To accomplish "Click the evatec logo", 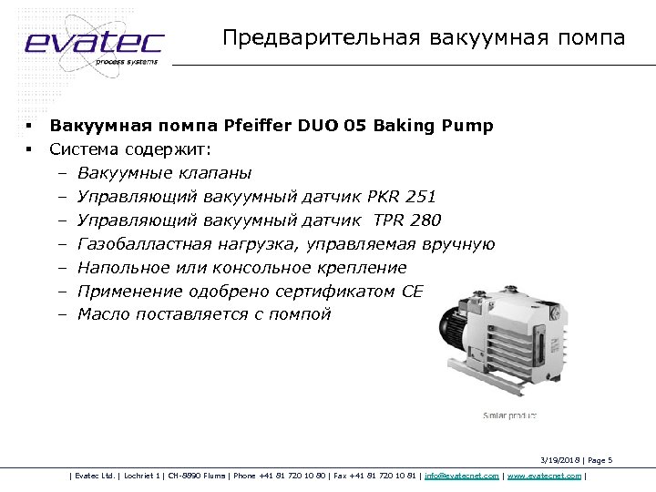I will pos(93,43).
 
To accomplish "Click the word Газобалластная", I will pos(145,244).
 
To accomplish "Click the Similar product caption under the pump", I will pos(509,415).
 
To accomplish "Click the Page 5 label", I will pos(600,460).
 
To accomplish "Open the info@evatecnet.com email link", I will pos(461,476).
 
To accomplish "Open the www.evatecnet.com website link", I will pos(544,476).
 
